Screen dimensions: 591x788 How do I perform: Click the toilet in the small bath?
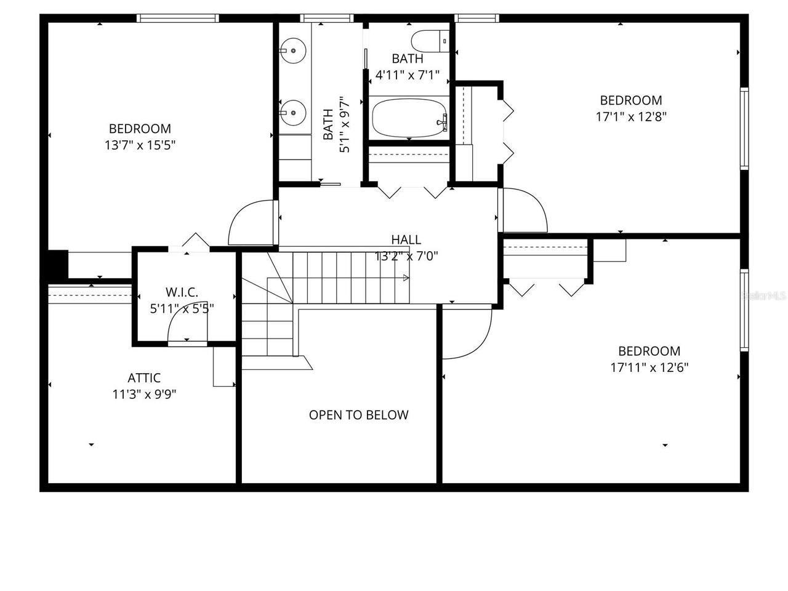[x=432, y=41]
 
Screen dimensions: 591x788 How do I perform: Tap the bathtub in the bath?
[x=409, y=119]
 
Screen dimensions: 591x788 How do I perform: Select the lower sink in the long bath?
[x=293, y=113]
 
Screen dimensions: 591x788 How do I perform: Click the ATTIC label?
[x=144, y=378]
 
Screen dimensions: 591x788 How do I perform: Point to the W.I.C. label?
[x=182, y=292]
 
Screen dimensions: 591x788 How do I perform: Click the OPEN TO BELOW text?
[x=358, y=415]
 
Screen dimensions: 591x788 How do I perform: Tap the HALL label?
[x=406, y=239]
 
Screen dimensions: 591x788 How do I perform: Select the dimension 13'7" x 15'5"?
[x=140, y=145]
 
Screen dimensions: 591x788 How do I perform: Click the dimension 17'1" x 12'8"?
[x=631, y=116]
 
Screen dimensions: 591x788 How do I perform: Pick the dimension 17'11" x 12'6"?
[x=649, y=368]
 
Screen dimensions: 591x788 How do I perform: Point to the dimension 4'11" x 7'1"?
[x=408, y=75]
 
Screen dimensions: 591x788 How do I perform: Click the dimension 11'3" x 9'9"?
[x=144, y=395]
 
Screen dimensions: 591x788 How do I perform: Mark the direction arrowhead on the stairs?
[x=406, y=278]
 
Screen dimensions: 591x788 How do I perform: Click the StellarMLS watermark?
[x=764, y=295]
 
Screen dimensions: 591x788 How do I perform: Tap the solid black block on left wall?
[x=58, y=265]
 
